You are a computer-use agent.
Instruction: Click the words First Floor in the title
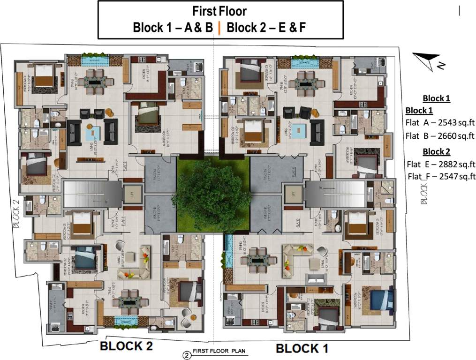point(219,11)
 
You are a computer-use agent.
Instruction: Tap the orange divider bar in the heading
point(219,28)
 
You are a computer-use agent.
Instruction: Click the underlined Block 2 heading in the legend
point(436,151)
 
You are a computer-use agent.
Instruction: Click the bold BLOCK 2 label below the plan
point(126,346)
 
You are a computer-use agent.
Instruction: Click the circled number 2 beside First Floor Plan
point(187,354)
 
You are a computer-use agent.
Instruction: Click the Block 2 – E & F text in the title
point(266,28)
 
